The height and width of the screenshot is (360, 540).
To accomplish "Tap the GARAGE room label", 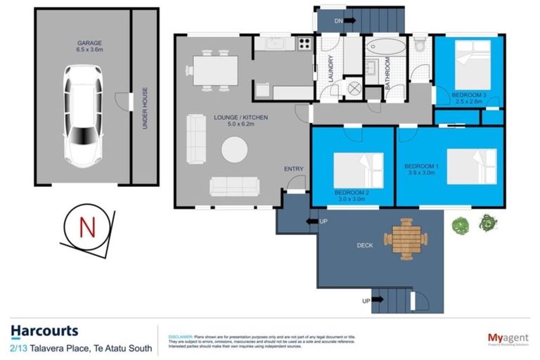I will (90, 44).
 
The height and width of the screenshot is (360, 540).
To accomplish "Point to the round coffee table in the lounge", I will (234, 150).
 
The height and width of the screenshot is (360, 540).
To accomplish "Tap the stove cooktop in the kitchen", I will (304, 43).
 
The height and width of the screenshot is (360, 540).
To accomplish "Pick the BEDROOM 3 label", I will (469, 94).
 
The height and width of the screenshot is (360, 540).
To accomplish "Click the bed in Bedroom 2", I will (358, 170).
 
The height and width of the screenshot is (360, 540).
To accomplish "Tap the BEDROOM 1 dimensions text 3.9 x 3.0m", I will (423, 173).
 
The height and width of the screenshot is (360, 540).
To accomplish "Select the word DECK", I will (364, 245).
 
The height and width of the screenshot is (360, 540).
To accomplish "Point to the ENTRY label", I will (293, 169).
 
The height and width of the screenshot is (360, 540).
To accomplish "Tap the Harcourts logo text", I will (44, 330).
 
